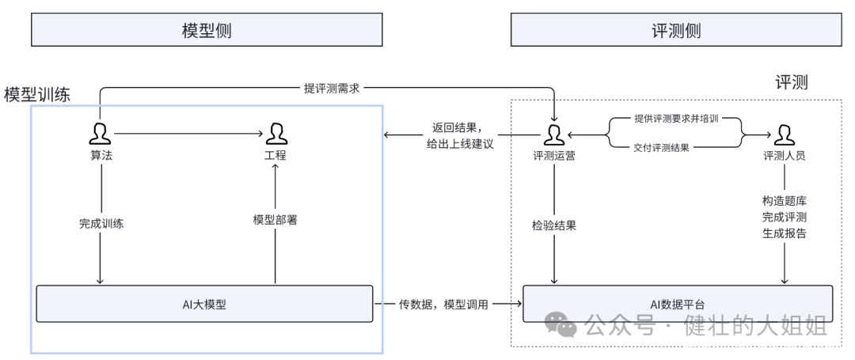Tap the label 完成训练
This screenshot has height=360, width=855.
pyautogui.click(x=101, y=223)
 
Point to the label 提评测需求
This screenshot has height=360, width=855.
pyautogui.click(x=332, y=89)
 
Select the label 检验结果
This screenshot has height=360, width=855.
pyautogui.click(x=553, y=225)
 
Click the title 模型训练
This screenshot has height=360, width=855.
pyautogui.click(x=37, y=94)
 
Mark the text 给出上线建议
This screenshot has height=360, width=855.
pyautogui.click(x=459, y=143)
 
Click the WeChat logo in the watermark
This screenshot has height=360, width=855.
pyautogui.click(x=560, y=323)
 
